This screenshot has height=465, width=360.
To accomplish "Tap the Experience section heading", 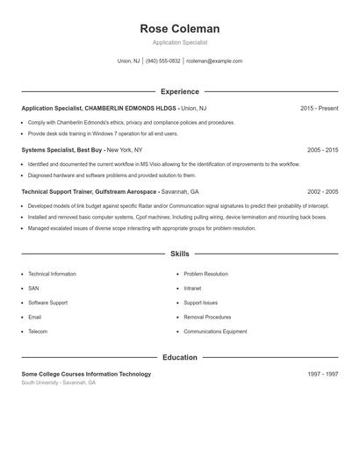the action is click(179, 91).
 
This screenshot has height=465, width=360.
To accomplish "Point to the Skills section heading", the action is click(179, 254).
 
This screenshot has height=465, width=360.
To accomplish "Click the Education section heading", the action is click(179, 357).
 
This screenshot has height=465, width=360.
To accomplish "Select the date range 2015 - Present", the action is click(319, 108).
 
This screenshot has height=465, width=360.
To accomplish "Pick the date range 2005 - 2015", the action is click(322, 150).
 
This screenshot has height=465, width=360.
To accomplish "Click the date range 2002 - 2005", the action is click(322, 191).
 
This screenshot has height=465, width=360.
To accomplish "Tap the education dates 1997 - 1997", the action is click(322, 374).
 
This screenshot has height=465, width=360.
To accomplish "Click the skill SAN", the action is click(33, 288).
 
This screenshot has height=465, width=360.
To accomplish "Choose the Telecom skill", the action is click(38, 332).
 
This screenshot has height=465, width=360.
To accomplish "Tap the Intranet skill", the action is click(193, 288).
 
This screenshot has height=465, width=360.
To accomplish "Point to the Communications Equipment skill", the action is click(215, 332).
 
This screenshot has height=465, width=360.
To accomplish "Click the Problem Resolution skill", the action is click(205, 274).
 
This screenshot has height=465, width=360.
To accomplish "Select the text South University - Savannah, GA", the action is click(59, 383).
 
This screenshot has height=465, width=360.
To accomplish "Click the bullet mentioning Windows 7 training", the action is click(103, 134).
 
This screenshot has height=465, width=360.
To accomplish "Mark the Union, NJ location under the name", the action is click(128, 61).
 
